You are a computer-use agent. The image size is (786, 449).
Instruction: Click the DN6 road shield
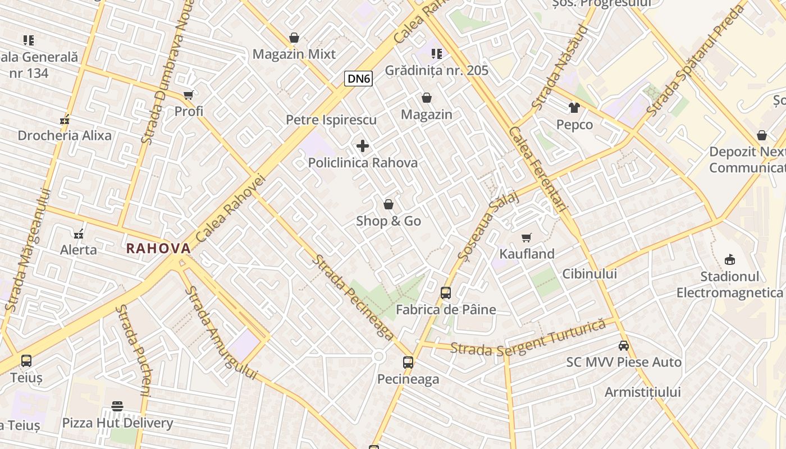click(359, 79)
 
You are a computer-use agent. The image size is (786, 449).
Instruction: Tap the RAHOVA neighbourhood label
click(158, 248)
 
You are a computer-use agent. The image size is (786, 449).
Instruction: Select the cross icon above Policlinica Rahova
click(363, 146)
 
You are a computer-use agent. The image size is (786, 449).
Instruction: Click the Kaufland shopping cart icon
click(527, 238)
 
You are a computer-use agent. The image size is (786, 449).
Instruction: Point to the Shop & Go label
click(389, 221)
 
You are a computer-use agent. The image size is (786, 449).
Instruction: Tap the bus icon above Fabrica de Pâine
click(446, 293)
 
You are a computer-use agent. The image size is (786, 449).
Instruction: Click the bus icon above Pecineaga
click(408, 363)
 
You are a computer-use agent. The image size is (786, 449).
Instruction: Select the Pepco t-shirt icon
click(574, 107)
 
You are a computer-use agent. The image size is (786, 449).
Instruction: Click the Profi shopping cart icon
click(189, 95)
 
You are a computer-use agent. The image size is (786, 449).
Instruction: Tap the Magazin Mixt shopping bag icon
click(294, 38)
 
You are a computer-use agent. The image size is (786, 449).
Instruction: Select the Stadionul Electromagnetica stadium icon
click(729, 259)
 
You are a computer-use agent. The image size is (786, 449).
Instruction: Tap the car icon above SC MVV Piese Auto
click(624, 346)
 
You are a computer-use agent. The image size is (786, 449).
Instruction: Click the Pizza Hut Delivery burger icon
click(117, 406)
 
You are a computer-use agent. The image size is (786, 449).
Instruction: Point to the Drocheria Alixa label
click(65, 136)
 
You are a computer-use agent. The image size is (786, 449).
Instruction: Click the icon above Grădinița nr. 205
click(437, 54)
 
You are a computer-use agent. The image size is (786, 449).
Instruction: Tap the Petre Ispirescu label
click(331, 120)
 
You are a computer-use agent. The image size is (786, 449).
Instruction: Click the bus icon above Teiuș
click(26, 361)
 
